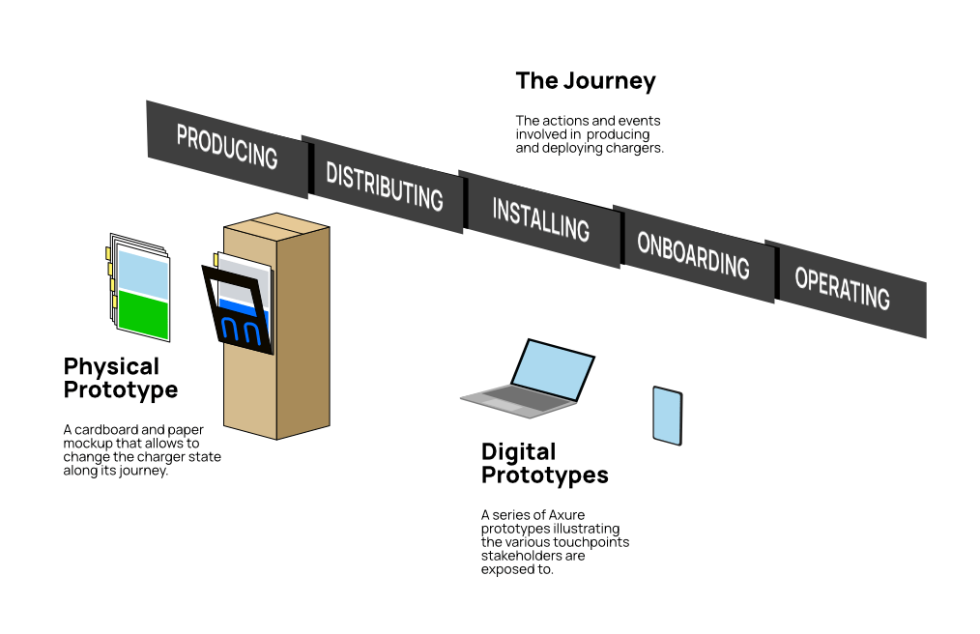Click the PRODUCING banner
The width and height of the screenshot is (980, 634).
pyautogui.click(x=227, y=148)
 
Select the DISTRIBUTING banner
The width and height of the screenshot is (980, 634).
pyautogui.click(x=384, y=185)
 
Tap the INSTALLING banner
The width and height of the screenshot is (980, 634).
pyautogui.click(x=540, y=219)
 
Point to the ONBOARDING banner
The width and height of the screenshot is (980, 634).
pyautogui.click(x=693, y=254)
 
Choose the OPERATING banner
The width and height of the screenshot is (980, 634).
pyautogui.click(x=843, y=288)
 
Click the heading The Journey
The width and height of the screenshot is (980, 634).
pyautogui.click(x=586, y=81)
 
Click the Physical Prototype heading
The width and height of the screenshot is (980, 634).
pyautogui.click(x=121, y=378)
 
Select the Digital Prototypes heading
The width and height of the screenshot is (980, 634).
pyautogui.click(x=544, y=463)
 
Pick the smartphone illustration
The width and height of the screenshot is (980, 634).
pyautogui.click(x=667, y=416)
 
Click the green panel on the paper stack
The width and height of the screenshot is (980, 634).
pyautogui.click(x=142, y=317)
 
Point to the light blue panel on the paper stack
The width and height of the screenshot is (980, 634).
pyautogui.click(x=142, y=274)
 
